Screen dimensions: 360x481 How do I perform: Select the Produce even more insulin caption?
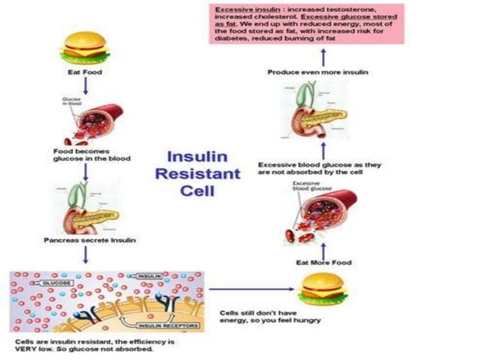(x=319, y=72)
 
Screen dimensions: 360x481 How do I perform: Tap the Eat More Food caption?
(x=322, y=262)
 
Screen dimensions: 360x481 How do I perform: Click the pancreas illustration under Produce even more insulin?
(x=320, y=113)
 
